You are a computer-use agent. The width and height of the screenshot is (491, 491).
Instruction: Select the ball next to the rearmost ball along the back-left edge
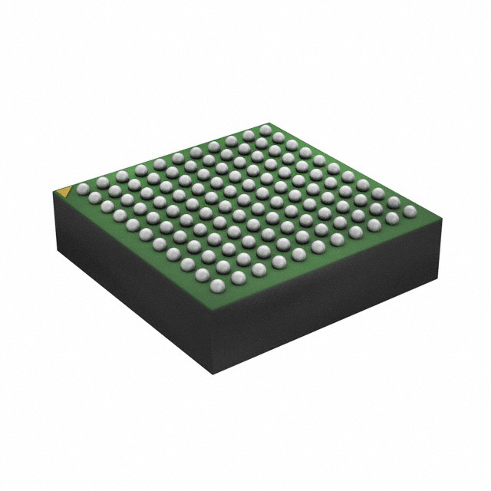(247, 133)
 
